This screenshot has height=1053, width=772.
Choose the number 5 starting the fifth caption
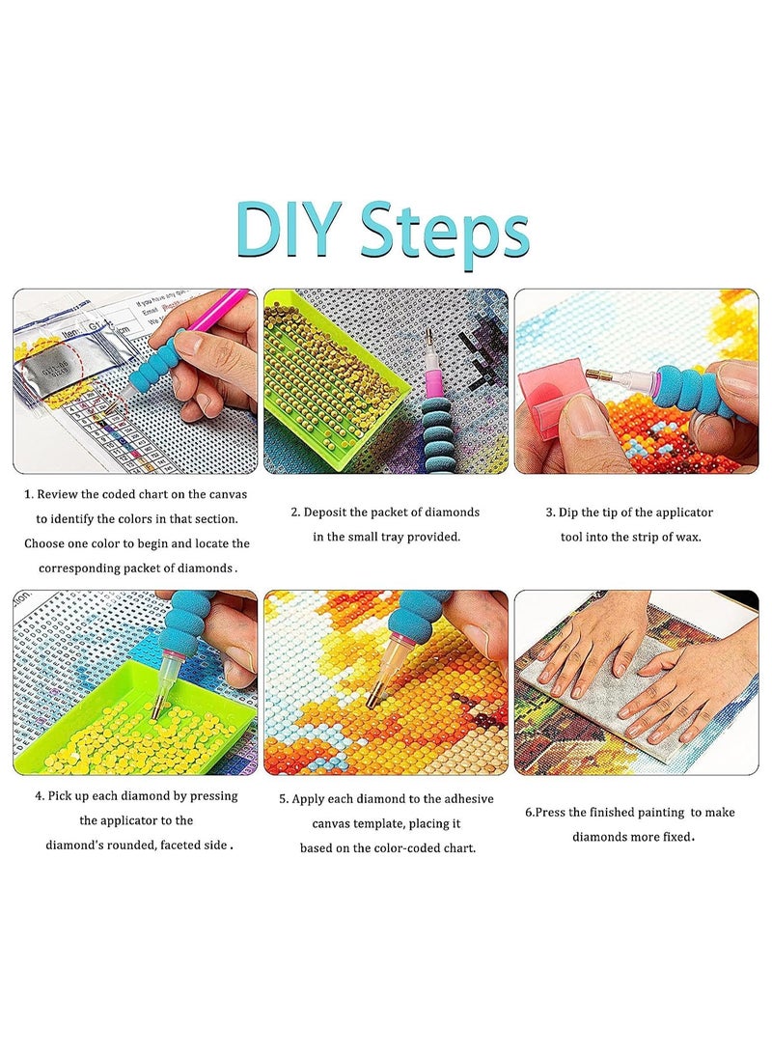pyautogui.click(x=284, y=799)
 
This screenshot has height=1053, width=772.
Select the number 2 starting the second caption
pyautogui.click(x=295, y=513)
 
